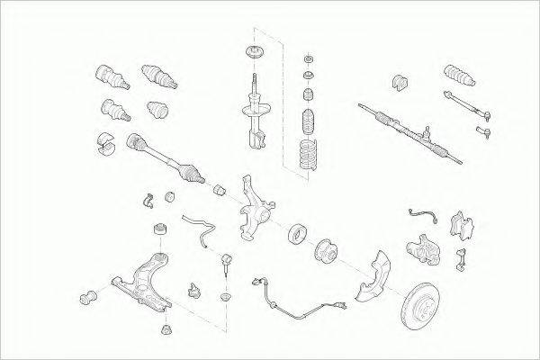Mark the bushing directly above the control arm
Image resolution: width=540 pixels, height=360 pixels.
pos(160,227)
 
